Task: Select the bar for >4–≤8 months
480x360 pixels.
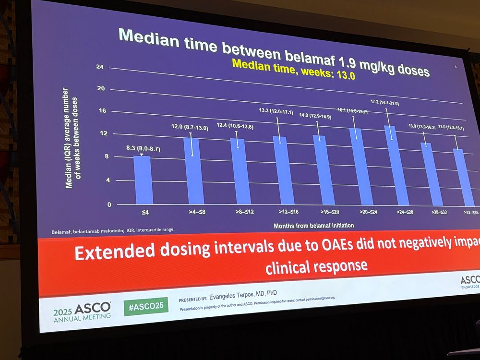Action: (194, 170)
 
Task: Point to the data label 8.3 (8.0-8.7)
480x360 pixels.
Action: (140, 149)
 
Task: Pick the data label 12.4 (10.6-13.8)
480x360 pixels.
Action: (235, 126)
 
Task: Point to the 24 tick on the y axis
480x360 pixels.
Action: (100, 67)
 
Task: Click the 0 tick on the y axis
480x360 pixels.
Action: (109, 204)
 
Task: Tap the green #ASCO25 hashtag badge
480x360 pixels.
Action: (146, 305)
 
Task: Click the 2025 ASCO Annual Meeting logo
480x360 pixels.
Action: (82, 311)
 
